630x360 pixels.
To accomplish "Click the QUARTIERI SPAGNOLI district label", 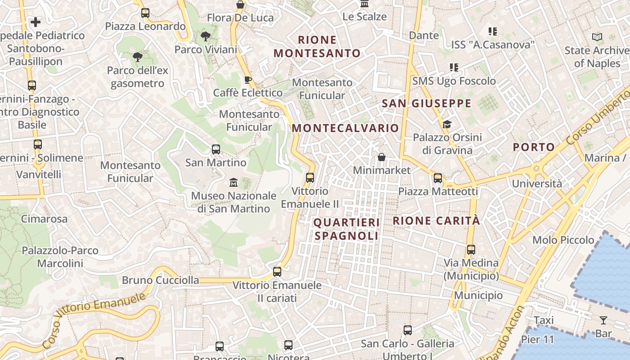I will (x=346, y=229).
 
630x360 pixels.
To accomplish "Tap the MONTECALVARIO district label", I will (x=345, y=128).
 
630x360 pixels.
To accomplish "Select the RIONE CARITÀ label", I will (x=436, y=221).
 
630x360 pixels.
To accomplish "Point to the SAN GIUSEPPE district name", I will (x=426, y=103).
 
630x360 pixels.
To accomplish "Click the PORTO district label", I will (x=534, y=147).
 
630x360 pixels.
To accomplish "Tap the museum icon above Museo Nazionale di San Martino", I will (x=233, y=183).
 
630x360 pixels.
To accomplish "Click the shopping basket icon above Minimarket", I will (x=382, y=157).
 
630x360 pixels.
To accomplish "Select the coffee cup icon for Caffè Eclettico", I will (x=247, y=80).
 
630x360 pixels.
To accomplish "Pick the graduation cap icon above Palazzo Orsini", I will (x=447, y=124).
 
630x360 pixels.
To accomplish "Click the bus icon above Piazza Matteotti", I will (x=438, y=178).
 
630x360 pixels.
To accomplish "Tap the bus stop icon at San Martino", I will (x=216, y=149).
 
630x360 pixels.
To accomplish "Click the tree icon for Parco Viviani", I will (x=206, y=36).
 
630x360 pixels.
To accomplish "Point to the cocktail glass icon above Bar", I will (x=603, y=320).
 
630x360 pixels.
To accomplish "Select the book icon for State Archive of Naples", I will (x=597, y=37).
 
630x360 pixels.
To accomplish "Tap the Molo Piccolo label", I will (x=563, y=240).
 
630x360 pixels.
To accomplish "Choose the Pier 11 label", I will (x=538, y=339).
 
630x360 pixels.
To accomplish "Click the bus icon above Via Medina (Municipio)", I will (x=471, y=249).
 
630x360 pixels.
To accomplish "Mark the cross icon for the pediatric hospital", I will (x=36, y=22).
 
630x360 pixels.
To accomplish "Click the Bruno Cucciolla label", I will (x=160, y=280).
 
